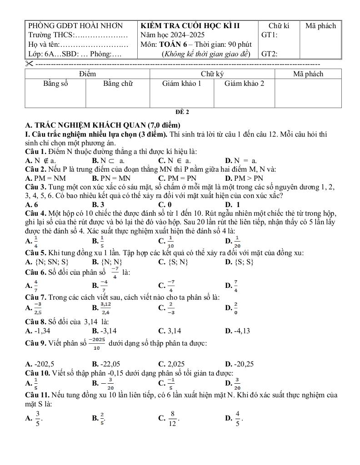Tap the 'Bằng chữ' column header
point(118,84)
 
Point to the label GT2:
point(270,54)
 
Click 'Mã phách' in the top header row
point(320,26)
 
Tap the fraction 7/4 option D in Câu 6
point(235,285)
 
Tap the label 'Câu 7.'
point(35,297)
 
